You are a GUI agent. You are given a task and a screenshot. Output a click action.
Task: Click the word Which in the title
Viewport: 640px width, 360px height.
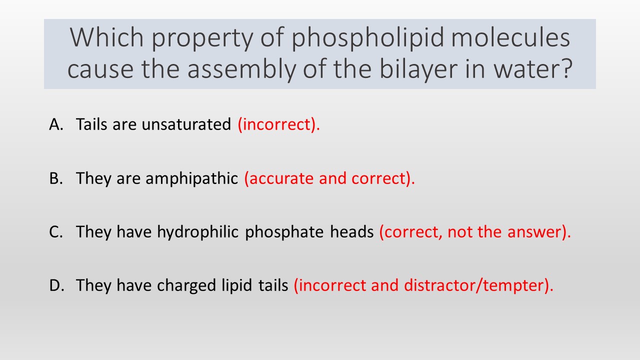click(x=106, y=37)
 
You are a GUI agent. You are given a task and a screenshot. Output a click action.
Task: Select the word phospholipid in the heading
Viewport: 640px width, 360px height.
click(x=367, y=39)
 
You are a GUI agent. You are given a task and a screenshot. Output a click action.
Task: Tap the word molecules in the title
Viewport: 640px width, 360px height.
click(x=510, y=37)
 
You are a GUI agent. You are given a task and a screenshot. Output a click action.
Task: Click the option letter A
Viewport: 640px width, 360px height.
click(x=56, y=124)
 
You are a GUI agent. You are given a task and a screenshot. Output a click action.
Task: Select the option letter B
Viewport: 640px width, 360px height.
click(x=55, y=178)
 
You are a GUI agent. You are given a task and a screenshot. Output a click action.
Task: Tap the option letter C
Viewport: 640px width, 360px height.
click(x=55, y=231)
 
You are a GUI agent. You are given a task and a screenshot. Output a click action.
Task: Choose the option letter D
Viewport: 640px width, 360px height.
click(x=56, y=285)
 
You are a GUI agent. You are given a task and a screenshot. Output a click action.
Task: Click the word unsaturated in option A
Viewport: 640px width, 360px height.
click(x=186, y=124)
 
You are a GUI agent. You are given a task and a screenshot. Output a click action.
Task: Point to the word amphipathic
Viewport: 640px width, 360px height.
click(x=191, y=179)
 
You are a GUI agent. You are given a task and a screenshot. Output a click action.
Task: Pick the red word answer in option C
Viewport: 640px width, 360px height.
click(x=538, y=231)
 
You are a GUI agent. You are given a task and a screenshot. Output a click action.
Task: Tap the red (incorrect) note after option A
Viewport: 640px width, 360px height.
click(x=278, y=125)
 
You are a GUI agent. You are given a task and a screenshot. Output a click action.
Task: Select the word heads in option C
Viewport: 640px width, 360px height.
click(x=352, y=231)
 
